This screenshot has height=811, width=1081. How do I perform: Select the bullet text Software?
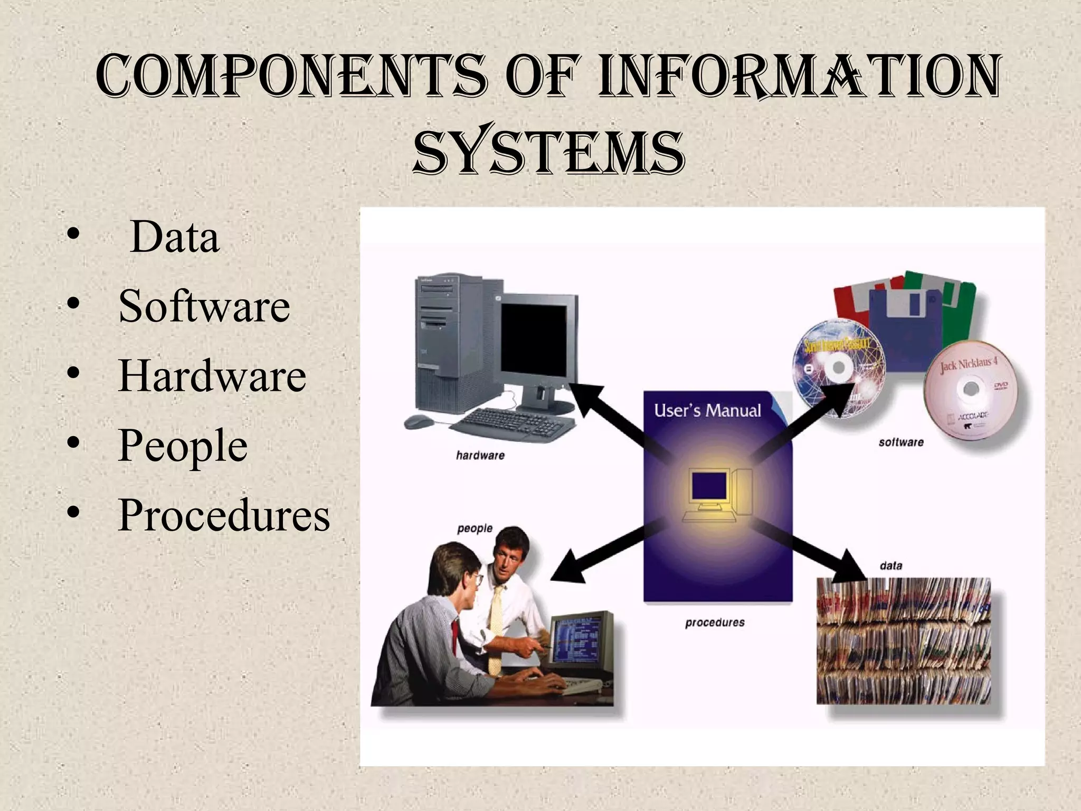pyautogui.click(x=204, y=306)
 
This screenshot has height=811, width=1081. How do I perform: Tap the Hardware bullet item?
pyautogui.click(x=212, y=376)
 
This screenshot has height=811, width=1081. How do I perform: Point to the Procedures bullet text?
pyautogui.click(x=224, y=515)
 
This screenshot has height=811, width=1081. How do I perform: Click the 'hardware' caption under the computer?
pyautogui.click(x=480, y=455)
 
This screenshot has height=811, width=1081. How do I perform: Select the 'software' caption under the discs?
pyautogui.click(x=901, y=442)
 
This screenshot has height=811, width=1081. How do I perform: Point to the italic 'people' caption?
pyautogui.click(x=475, y=529)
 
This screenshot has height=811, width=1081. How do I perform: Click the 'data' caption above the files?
pyautogui.click(x=891, y=566)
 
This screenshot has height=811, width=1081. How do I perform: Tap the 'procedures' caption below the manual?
pyautogui.click(x=715, y=623)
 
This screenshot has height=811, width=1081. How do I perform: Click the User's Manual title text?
pyautogui.click(x=707, y=411)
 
